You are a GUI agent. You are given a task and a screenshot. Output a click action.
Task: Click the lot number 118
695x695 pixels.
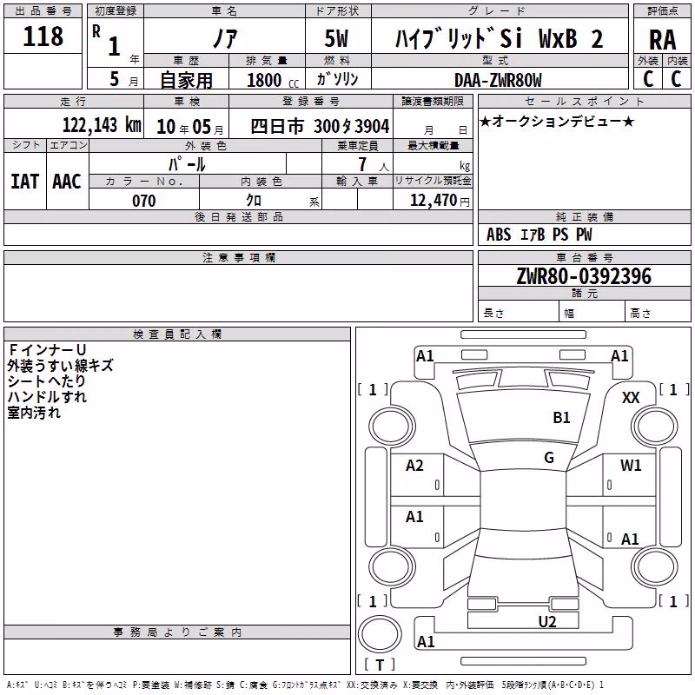[x=43, y=36]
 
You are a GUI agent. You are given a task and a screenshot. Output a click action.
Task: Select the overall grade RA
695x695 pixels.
[x=663, y=40]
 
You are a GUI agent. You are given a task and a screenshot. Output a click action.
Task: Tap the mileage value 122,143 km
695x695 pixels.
[x=102, y=125]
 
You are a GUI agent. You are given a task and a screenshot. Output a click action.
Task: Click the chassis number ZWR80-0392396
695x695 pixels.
[x=584, y=276]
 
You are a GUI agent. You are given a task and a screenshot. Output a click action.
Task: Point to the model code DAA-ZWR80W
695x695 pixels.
[x=498, y=80]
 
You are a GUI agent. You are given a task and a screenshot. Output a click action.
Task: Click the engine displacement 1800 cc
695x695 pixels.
[x=273, y=80]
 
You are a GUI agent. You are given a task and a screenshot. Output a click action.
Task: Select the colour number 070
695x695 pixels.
[x=144, y=201]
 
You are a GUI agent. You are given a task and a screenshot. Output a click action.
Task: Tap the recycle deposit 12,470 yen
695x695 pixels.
[x=440, y=201]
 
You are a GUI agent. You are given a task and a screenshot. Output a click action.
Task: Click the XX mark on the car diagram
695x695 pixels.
[x=631, y=398]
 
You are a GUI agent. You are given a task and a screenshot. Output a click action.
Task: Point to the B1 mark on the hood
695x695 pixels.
[x=561, y=418]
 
